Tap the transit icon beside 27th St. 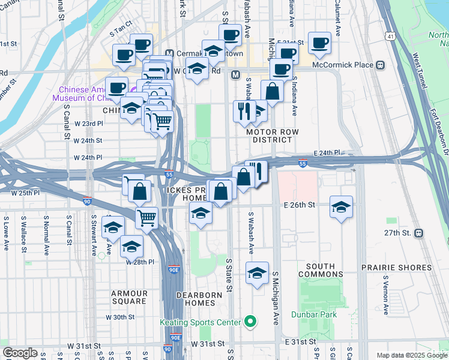click(x=418, y=233)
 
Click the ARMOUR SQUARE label click(x=129, y=297)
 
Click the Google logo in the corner click(x=20, y=353)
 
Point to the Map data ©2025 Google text click(x=411, y=355)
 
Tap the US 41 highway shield click(x=390, y=37)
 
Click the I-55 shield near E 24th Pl click(x=303, y=163)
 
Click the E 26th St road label click(x=300, y=205)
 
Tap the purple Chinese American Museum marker click(x=131, y=92)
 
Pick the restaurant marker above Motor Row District click(x=244, y=111)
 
